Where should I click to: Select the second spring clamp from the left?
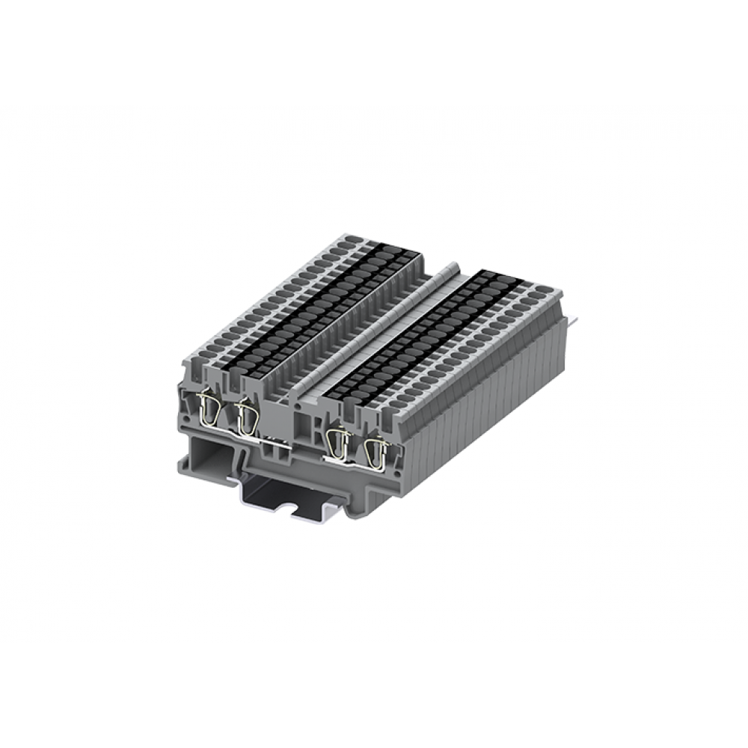point(244,417)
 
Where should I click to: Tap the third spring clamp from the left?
point(340,441)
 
